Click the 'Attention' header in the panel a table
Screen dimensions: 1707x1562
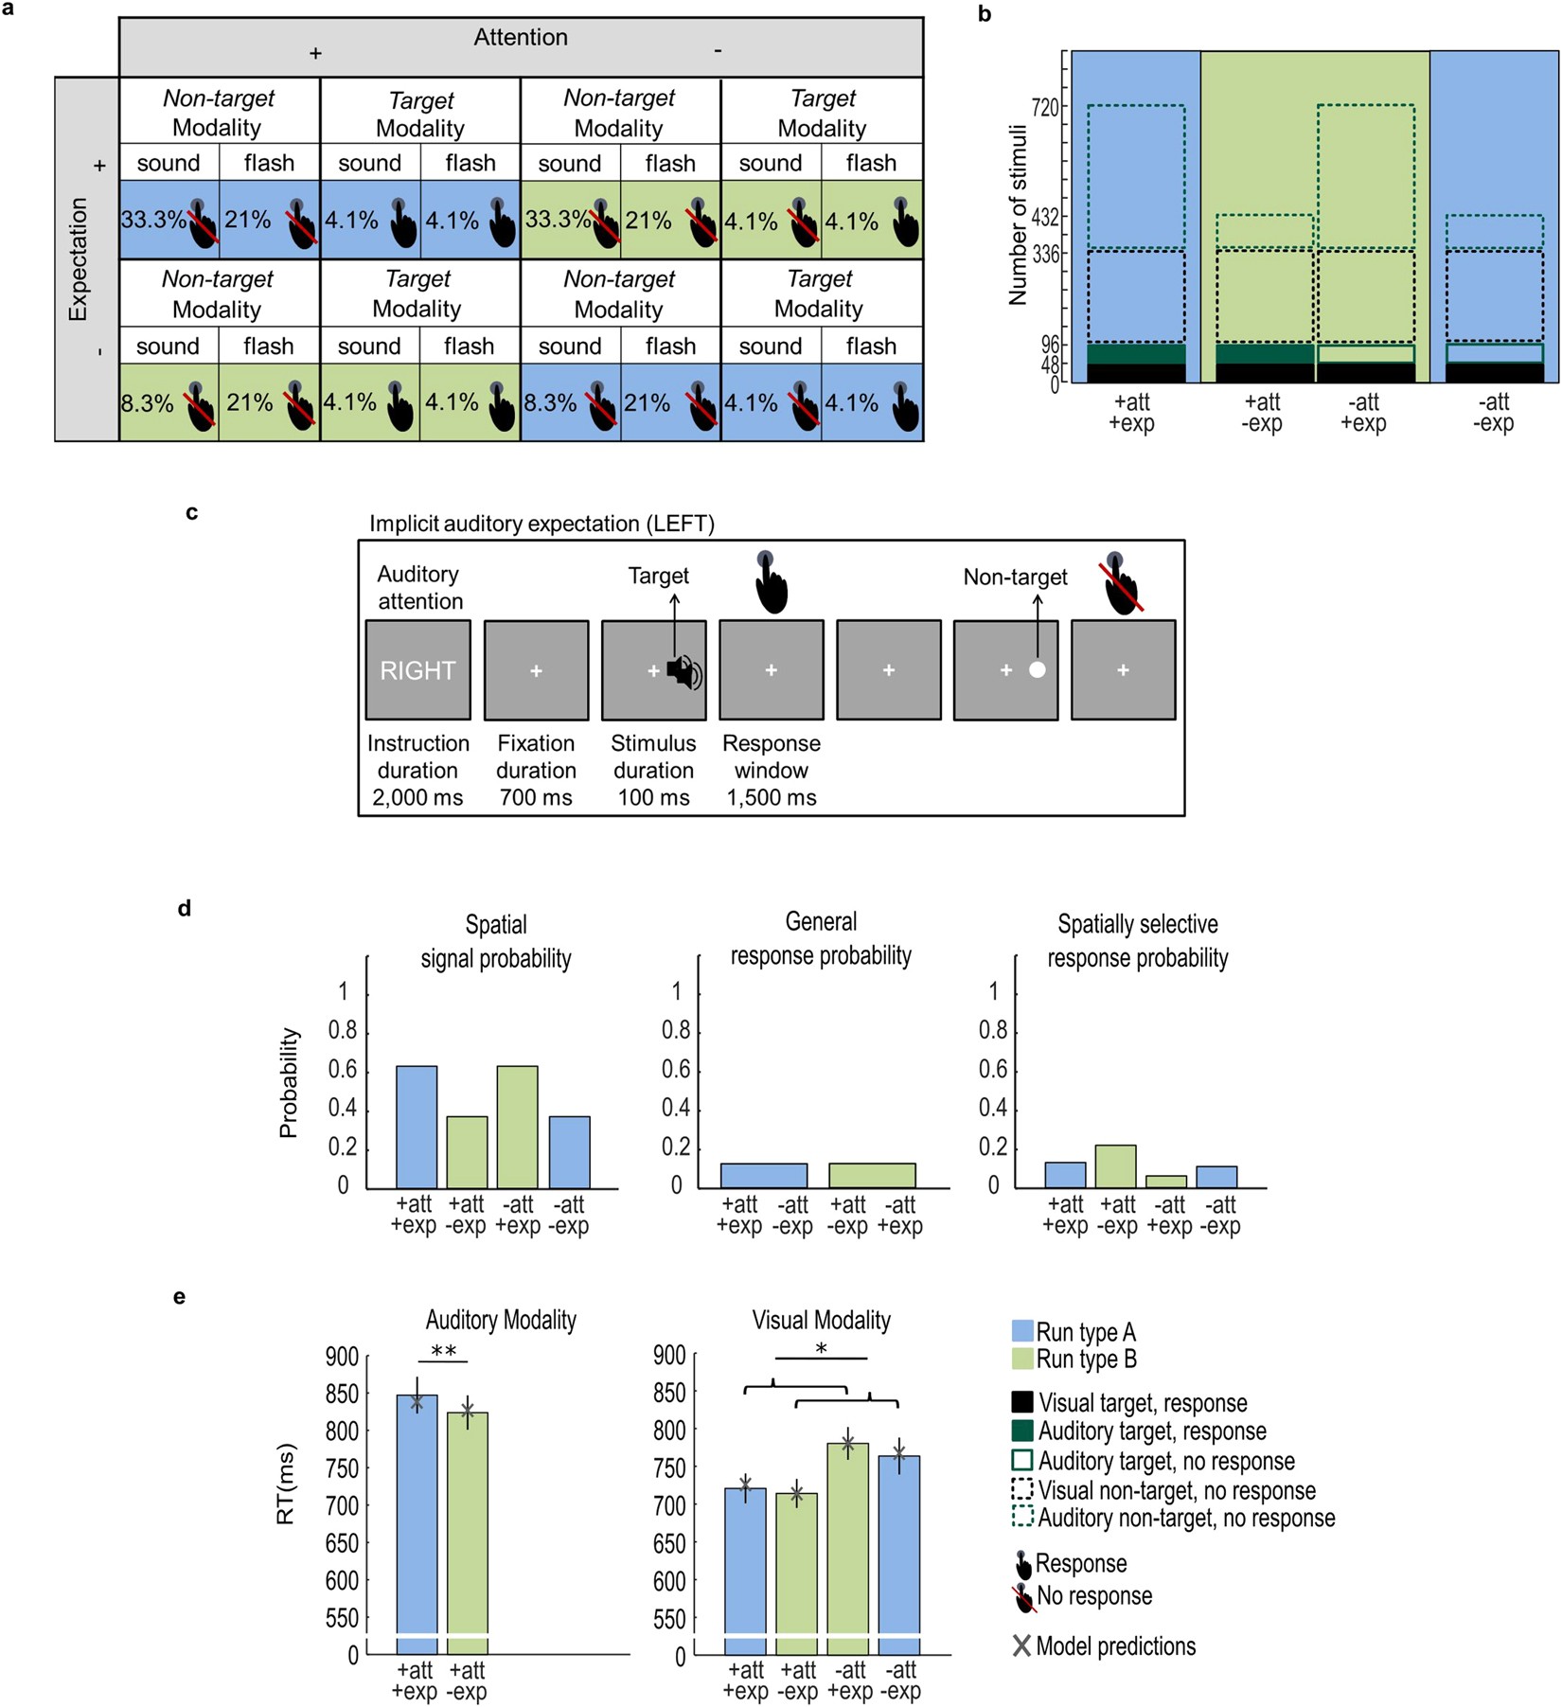pos(521,38)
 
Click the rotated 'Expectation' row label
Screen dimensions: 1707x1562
pos(78,258)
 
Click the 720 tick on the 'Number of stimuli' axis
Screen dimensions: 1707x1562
pos(1045,107)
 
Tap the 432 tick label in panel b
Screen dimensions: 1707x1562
pos(1045,218)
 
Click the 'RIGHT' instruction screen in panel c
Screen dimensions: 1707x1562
pos(417,670)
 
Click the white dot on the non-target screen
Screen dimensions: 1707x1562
pos(1037,670)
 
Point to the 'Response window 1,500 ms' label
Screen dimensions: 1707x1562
pos(771,770)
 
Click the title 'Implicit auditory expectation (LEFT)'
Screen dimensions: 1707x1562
pos(541,524)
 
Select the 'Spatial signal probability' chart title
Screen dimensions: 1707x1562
pos(496,941)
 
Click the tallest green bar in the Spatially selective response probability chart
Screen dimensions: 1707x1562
pos(1115,1166)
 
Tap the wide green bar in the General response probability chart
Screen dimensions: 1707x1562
pos(872,1175)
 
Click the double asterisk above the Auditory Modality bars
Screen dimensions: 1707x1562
pos(443,1351)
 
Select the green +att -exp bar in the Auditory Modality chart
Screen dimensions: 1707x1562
pos(467,1534)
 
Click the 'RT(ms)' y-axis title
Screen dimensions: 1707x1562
pos(286,1484)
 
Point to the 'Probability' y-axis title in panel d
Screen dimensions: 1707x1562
pos(289,1082)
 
